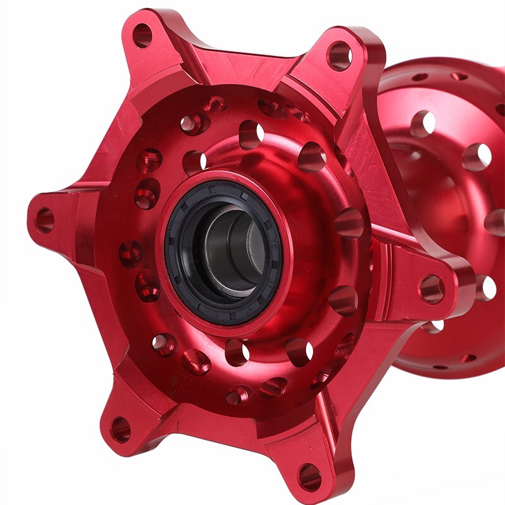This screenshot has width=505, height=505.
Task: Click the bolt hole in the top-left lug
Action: click(x=142, y=35)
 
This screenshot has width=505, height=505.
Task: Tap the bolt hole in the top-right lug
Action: click(x=340, y=56)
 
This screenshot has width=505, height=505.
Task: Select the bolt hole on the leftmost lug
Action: click(x=44, y=220)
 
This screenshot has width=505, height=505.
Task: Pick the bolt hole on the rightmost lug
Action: click(x=432, y=288)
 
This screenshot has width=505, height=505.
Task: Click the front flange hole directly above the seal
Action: click(x=251, y=134)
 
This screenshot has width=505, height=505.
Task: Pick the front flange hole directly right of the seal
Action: click(x=348, y=223)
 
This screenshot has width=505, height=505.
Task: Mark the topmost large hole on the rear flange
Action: click(x=423, y=124)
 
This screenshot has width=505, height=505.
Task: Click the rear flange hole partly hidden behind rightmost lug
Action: click(x=485, y=287)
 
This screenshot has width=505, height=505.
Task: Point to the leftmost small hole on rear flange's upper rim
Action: click(x=419, y=78)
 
